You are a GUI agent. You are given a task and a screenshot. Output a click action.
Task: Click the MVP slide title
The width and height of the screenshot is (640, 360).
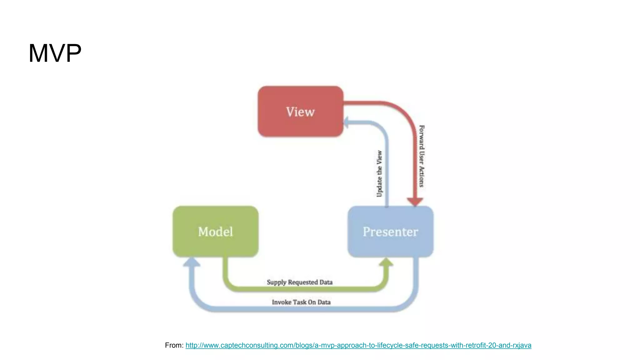55,53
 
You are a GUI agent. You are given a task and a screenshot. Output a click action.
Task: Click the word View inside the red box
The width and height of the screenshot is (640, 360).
300,112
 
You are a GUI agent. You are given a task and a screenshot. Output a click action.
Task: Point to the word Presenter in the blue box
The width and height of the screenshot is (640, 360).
390,232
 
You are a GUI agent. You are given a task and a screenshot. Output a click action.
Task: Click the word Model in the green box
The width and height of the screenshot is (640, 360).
215,232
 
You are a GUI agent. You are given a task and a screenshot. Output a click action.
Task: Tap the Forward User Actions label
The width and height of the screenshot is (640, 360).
422,156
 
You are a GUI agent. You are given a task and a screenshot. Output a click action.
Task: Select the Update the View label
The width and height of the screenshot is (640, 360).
379,174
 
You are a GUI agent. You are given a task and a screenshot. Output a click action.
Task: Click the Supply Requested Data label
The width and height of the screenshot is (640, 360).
299,282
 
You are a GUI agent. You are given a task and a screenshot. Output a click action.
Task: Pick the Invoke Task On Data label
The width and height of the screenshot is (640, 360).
301,302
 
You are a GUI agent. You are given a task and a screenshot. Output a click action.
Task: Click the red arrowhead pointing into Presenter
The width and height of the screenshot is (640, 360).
415,202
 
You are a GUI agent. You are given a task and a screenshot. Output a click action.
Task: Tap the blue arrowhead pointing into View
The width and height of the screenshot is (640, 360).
346,122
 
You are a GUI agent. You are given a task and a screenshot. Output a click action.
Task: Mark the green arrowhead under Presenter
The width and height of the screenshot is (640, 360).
386,262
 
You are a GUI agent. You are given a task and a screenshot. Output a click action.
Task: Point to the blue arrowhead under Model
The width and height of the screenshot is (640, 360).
192,262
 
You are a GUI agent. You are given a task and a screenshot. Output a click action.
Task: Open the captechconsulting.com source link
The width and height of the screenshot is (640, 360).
358,345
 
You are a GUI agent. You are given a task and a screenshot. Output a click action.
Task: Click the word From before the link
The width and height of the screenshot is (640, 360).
174,345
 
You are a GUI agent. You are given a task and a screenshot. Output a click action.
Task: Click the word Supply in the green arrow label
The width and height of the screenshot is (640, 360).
277,282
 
